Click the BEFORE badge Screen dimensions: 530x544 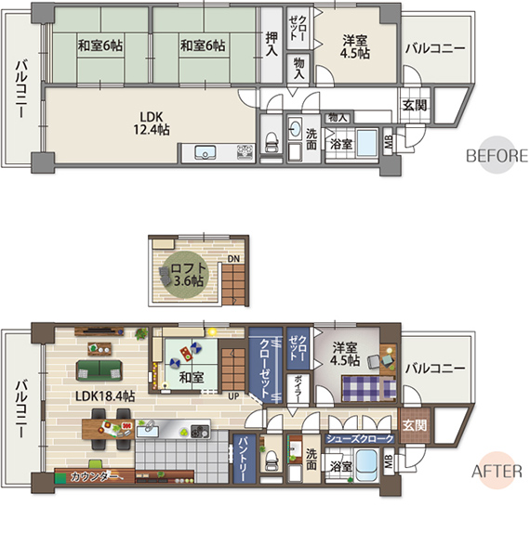coord(497,155)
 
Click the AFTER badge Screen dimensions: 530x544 coord(497,471)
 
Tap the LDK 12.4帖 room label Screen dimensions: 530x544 coord(152,123)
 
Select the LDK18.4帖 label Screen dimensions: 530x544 coord(105,396)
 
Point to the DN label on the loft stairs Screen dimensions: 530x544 coord(233,259)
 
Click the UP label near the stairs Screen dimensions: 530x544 coord(233,396)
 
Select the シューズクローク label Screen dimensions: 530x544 coord(360,438)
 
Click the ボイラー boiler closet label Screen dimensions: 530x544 coord(298,388)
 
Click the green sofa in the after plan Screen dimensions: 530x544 coord(99,369)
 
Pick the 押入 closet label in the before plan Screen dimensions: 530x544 coord(272,44)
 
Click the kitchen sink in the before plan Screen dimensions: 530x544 coord(205,152)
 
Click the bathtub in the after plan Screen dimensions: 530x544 coord(366,465)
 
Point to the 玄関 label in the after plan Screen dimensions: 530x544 coord(415,425)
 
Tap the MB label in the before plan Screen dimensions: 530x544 coord(389,142)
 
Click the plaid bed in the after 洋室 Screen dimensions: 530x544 coord(369,388)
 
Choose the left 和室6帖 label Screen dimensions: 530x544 coord(100,45)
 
